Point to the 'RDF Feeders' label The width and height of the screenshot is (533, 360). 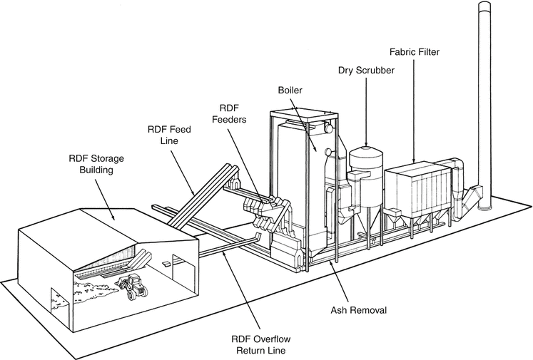(228, 113)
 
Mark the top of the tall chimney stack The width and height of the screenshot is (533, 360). (484, 7)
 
